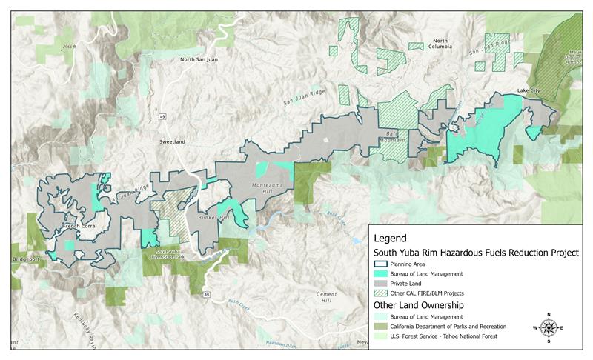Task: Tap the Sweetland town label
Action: tap(172, 140)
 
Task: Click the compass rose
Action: tap(548, 327)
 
